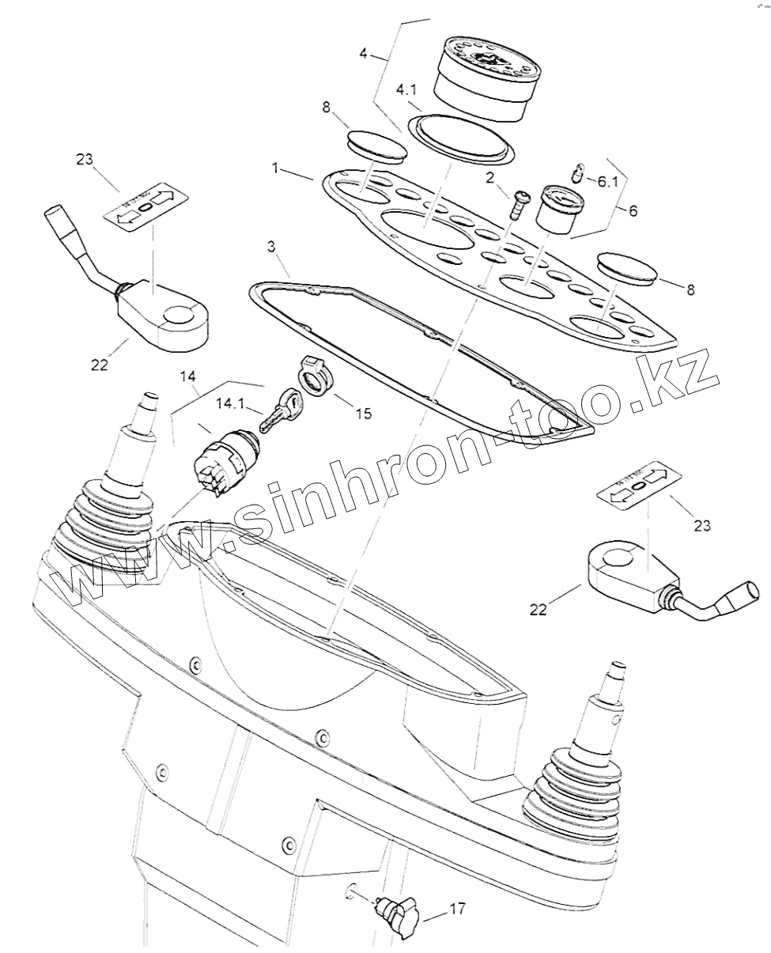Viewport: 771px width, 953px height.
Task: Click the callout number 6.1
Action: pyautogui.click(x=607, y=181)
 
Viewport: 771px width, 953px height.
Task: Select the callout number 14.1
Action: pyautogui.click(x=231, y=404)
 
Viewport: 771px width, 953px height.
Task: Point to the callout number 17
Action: pyautogui.click(x=458, y=910)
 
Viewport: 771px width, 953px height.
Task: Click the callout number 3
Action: pyautogui.click(x=271, y=247)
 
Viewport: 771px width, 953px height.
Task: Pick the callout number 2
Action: pyautogui.click(x=490, y=178)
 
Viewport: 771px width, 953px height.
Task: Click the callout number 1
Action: pyautogui.click(x=275, y=168)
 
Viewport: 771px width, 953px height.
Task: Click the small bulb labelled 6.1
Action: pyautogui.click(x=579, y=172)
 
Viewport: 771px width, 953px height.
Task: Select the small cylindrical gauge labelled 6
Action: pyautogui.click(x=560, y=208)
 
